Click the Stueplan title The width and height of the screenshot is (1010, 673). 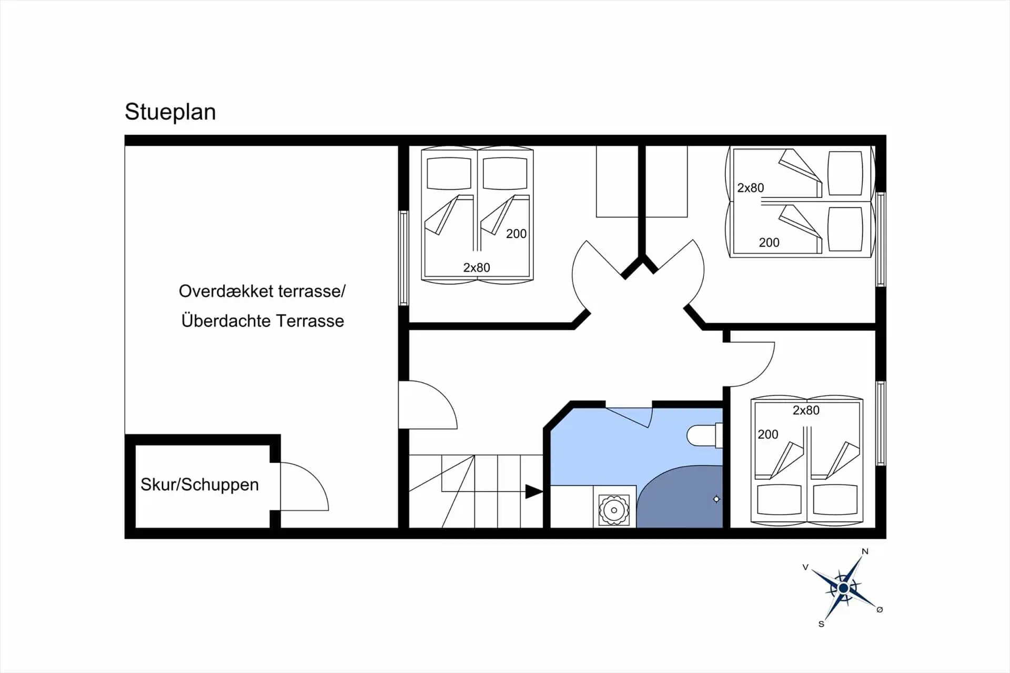coord(170,112)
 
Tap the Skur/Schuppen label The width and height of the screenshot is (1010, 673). coord(199,485)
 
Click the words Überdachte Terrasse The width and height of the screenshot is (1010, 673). coord(262,320)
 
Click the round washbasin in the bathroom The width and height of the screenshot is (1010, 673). coord(614,510)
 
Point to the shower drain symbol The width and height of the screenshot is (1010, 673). coord(716,499)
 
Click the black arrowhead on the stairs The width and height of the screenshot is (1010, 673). coord(534,492)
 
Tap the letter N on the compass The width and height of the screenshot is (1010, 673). coord(865,551)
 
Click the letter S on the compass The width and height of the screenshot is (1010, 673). coord(821,624)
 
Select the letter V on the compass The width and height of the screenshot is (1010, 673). coord(805,567)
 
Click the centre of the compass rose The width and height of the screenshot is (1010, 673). coord(843,588)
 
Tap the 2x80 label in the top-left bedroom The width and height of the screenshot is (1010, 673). coord(476,267)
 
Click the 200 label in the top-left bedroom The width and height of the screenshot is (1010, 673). coord(516,234)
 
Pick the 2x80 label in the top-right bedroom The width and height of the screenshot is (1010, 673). coord(750,188)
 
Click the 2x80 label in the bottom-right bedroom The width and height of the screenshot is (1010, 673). coord(806,410)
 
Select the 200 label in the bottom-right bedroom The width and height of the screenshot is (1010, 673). coord(767,434)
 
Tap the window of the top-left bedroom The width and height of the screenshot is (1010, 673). coord(403,258)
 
